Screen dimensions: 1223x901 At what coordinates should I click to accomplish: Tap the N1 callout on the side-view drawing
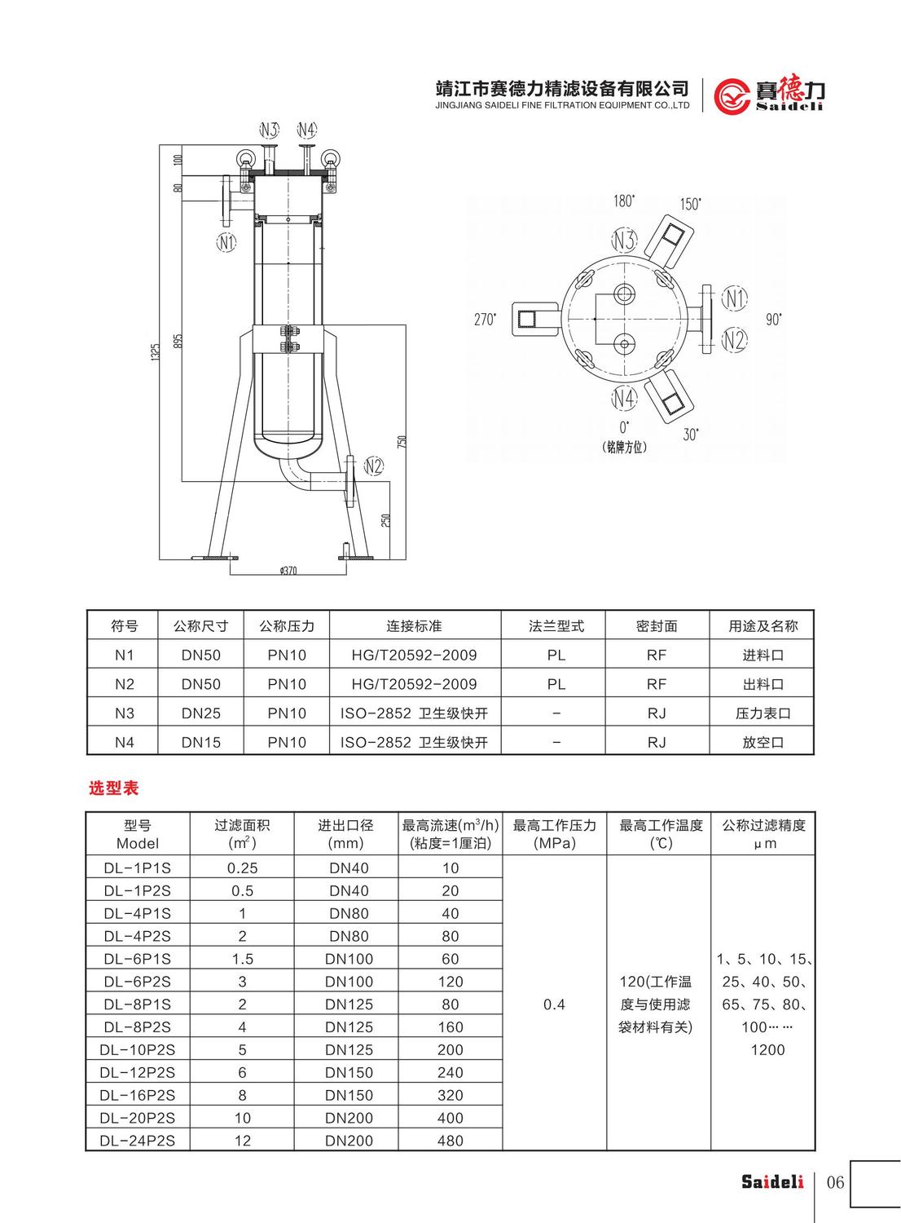pyautogui.click(x=226, y=241)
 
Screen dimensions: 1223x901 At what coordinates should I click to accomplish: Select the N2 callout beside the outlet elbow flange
pyautogui.click(x=373, y=466)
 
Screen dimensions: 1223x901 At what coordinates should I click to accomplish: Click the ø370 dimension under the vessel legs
pyautogui.click(x=288, y=571)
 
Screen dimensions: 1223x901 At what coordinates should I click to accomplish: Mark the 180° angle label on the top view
pyautogui.click(x=624, y=201)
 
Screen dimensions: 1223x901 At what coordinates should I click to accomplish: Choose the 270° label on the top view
pyautogui.click(x=485, y=319)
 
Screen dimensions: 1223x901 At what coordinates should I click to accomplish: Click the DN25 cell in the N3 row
pyautogui.click(x=201, y=713)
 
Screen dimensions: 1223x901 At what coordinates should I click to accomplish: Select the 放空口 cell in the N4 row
pyautogui.click(x=763, y=743)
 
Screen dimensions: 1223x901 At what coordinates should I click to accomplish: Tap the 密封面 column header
pyautogui.click(x=657, y=626)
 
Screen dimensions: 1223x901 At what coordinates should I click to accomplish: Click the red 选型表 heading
pyautogui.click(x=113, y=788)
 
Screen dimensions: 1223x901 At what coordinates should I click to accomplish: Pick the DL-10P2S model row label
pyautogui.click(x=138, y=1050)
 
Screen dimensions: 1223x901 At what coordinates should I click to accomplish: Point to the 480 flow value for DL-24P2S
pyautogui.click(x=450, y=1141)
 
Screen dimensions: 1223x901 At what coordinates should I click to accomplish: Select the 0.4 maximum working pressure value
pyautogui.click(x=554, y=1004)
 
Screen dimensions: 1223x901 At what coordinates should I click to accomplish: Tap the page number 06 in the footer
pyautogui.click(x=835, y=1182)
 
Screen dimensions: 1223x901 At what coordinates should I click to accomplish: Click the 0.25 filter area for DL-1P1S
pyautogui.click(x=242, y=868)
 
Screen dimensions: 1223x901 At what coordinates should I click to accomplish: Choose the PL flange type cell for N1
pyautogui.click(x=556, y=655)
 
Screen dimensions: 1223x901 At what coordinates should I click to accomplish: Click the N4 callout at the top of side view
pyautogui.click(x=306, y=130)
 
